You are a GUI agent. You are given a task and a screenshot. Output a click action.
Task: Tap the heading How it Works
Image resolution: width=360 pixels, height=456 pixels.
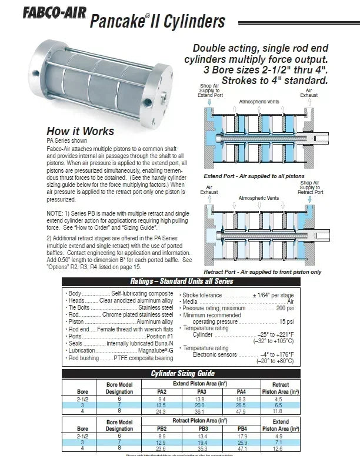[81, 131]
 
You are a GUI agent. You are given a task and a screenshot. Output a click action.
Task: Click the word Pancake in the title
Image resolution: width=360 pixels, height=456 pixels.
[116, 22]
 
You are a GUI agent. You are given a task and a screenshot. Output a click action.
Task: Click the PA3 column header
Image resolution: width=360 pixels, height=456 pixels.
[201, 391]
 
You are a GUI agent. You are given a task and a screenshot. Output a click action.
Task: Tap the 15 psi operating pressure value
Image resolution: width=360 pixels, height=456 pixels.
[286, 321]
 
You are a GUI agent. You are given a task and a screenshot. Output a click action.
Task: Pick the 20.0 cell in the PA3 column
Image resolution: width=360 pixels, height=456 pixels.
[201, 404]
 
